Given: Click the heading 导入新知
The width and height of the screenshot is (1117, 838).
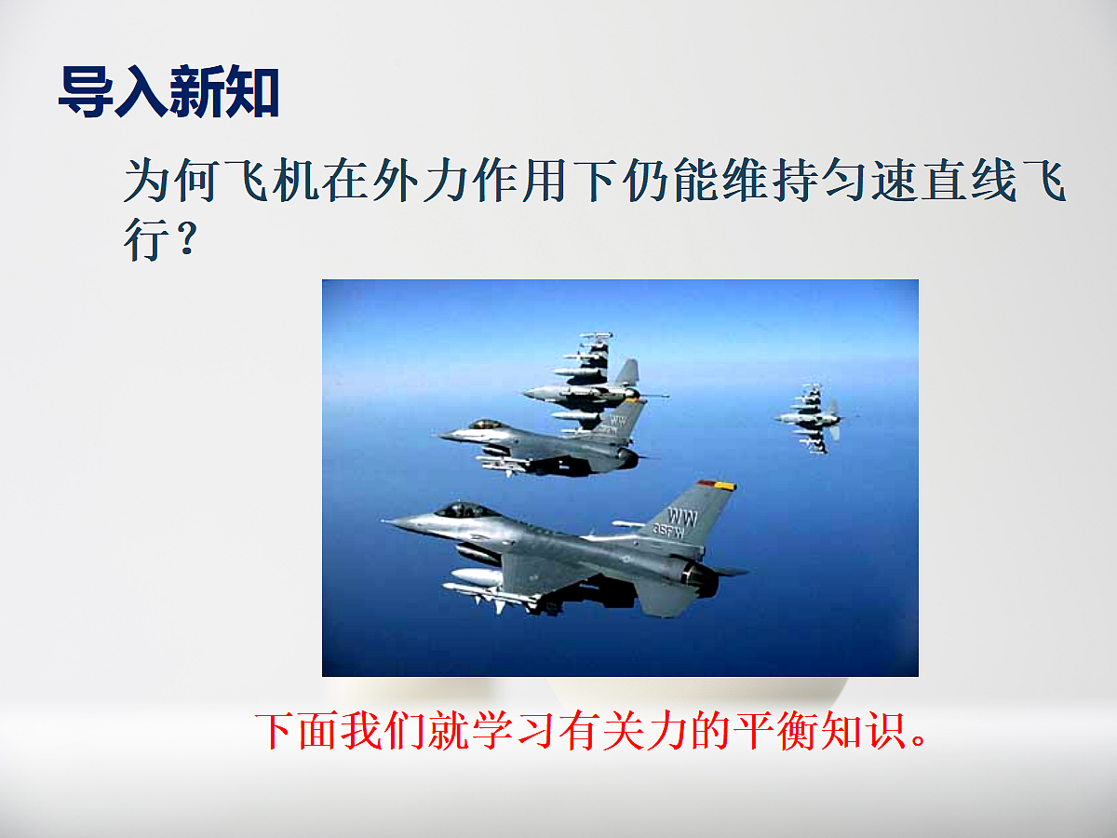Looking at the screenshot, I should [x=168, y=91].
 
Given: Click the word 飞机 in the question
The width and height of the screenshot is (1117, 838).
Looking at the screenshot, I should [x=274, y=182].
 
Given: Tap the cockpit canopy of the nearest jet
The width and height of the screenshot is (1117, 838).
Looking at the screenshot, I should [x=463, y=510].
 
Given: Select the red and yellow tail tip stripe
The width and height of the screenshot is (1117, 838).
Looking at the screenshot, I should [x=717, y=485].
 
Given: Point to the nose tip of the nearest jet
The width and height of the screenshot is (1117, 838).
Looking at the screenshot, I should [x=387, y=521].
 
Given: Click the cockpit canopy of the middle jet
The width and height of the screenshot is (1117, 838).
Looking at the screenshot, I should [x=485, y=425].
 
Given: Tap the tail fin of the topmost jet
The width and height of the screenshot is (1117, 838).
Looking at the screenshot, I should [x=628, y=373].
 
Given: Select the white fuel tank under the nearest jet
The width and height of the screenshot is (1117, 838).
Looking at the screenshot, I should [x=477, y=577].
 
